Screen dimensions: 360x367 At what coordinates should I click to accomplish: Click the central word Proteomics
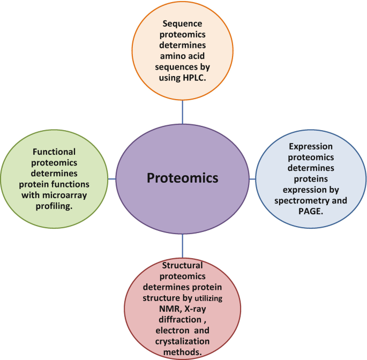(x=183, y=178)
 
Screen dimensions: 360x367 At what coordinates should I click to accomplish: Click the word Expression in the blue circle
(x=311, y=146)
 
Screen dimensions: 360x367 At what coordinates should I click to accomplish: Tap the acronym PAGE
(x=311, y=211)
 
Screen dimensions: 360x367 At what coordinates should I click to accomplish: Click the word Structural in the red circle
(x=183, y=265)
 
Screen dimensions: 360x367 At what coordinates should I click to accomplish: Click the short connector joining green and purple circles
(x=111, y=178)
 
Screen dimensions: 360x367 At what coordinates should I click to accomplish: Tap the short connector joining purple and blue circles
(x=252, y=178)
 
